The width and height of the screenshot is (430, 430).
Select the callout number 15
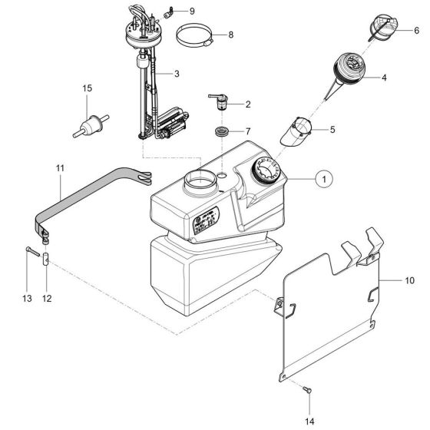[87, 89]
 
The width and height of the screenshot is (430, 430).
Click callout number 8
[230, 35]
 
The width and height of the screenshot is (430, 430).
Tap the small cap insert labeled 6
[383, 30]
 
